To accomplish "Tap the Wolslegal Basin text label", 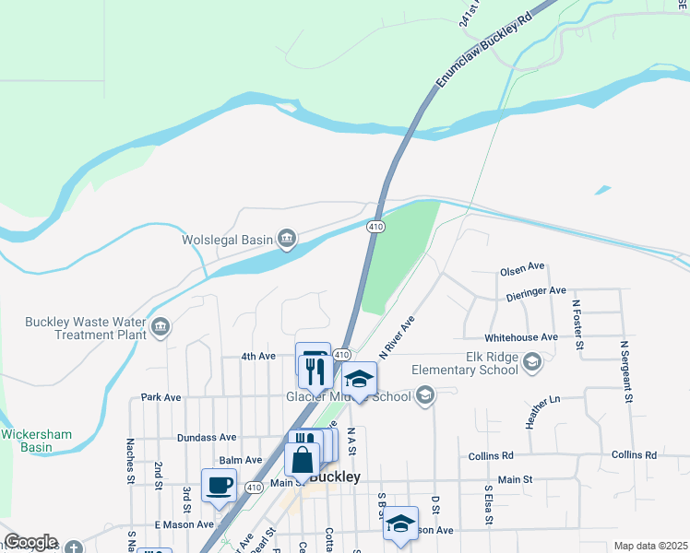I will (226, 240).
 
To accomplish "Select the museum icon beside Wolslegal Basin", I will (287, 240).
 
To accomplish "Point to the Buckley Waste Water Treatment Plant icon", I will (161, 327).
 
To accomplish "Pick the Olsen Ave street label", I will (522, 269).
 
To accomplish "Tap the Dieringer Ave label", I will (536, 293).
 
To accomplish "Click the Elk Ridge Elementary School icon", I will (531, 363).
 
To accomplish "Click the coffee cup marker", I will (219, 486).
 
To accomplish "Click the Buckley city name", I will (333, 477).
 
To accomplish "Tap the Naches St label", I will (130, 469).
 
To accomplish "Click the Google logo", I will (31, 542).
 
